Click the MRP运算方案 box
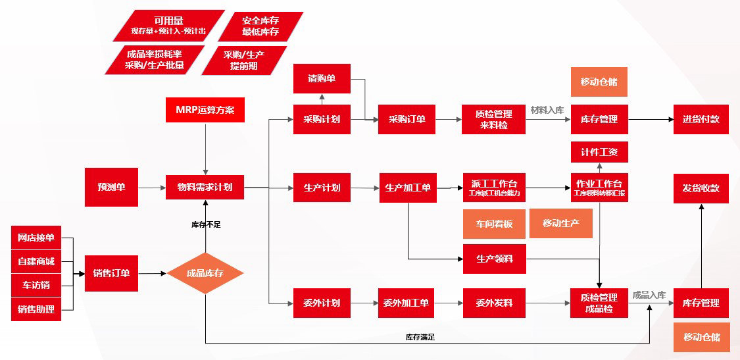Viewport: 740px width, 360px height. [x=205, y=109]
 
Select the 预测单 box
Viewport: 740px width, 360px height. [x=111, y=187]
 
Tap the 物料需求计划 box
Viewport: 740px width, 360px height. [x=205, y=187]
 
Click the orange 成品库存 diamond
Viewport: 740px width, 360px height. [x=205, y=273]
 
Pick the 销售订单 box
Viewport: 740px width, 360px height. [x=111, y=273]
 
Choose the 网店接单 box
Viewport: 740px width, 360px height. [x=36, y=238]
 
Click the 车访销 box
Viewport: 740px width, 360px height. [x=36, y=285]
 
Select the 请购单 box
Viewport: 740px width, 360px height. [x=322, y=79]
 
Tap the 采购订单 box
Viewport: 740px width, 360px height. [x=407, y=119]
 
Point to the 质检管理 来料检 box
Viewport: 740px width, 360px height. [x=494, y=119]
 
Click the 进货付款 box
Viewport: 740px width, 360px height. [x=701, y=119]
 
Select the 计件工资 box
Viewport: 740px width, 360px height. [x=599, y=151]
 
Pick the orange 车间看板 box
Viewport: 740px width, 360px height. [x=494, y=224]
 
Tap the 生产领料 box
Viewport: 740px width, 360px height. [x=494, y=259]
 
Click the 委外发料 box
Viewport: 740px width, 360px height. [x=494, y=303]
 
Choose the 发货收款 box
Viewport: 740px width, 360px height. [x=701, y=188]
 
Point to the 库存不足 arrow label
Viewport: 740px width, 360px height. [x=206, y=224]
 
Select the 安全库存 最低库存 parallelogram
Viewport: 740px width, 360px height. [x=260, y=26]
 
